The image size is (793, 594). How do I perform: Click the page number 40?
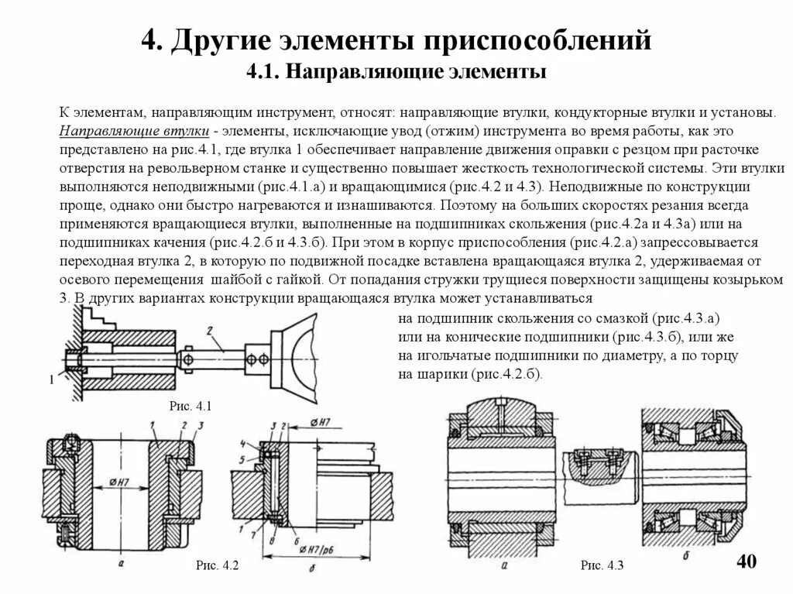coord(746,562)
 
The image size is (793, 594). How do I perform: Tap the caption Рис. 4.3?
coord(602,566)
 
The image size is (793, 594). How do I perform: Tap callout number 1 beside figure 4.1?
coord(51,379)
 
